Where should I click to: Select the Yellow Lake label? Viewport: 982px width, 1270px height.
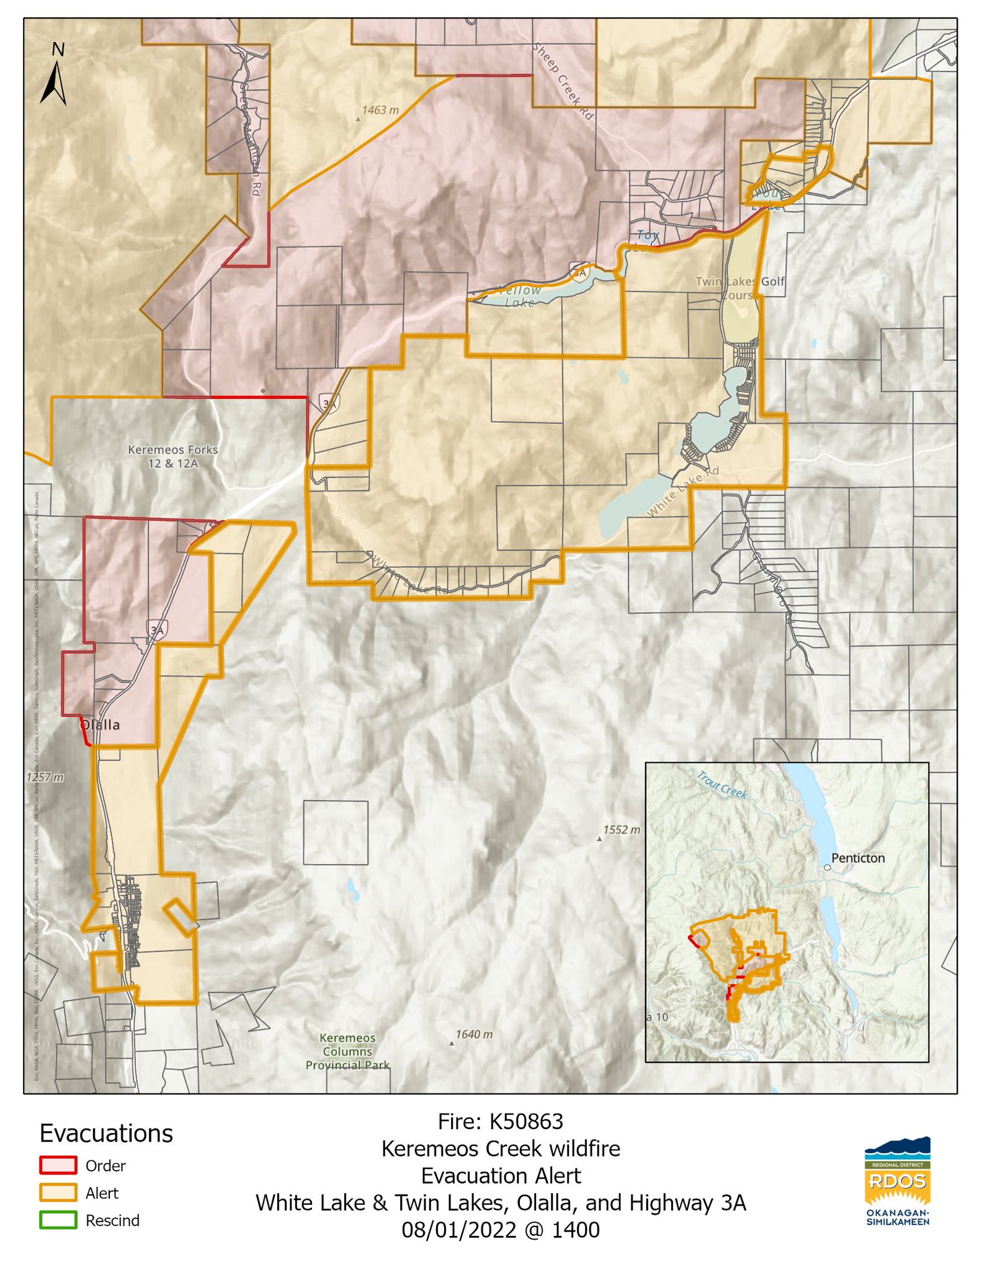point(520,296)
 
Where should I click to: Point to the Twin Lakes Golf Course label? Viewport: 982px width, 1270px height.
point(739,288)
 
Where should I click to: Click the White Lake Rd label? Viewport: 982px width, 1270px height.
point(682,491)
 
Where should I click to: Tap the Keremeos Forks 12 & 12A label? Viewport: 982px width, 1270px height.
point(172,456)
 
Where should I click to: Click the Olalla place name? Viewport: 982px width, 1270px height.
point(101,725)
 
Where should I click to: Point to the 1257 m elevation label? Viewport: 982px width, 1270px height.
point(45,777)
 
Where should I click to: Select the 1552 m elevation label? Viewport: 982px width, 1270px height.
point(621,830)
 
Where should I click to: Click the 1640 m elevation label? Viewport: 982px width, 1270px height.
point(473,1034)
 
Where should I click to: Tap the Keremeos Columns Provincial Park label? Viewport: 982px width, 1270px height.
point(347,1051)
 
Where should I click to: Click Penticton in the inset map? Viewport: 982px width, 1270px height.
point(857,858)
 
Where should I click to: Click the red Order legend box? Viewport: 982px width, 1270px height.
point(58,1166)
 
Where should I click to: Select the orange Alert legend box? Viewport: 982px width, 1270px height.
point(58,1193)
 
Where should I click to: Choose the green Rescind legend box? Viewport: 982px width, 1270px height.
point(58,1220)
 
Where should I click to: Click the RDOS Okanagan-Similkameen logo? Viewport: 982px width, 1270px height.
point(897,1181)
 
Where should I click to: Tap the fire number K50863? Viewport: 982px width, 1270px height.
point(525,1122)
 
